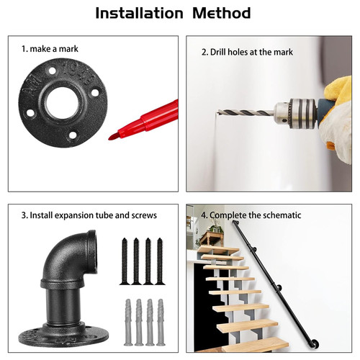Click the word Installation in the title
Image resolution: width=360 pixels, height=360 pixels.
tap(139, 13)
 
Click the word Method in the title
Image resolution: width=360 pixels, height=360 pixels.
tap(222, 13)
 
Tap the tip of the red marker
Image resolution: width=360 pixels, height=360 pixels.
tap(109, 138)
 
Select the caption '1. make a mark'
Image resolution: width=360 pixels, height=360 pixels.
tap(50, 49)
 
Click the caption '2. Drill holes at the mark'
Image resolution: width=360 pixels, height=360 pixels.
tap(247, 52)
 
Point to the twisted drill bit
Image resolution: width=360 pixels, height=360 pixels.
tap(246, 112)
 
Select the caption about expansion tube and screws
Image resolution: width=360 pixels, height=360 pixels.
tap(89, 215)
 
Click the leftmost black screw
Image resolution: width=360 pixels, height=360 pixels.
tap(125, 261)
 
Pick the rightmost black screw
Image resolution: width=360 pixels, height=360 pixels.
tap(160, 261)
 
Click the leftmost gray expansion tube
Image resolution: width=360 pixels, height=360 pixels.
tap(128, 323)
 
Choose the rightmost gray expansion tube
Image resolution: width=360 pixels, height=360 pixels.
tap(161, 323)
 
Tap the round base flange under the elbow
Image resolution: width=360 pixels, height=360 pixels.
tap(63, 336)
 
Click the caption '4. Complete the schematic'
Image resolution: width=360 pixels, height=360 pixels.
tap(251, 215)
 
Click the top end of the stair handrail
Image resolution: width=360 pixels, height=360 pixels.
tap(235, 223)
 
